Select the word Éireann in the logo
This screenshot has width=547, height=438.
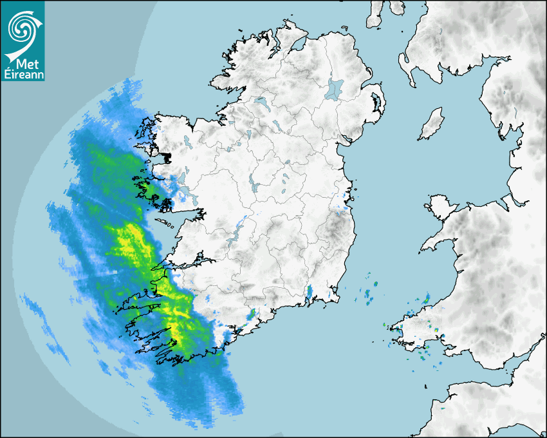coord(23,75)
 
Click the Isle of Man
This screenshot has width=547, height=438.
coord(432,124)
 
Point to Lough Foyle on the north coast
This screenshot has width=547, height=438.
coord(298,44)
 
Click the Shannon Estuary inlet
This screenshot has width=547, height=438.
coord(187,262)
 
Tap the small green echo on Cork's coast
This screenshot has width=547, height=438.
coord(250,315)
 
